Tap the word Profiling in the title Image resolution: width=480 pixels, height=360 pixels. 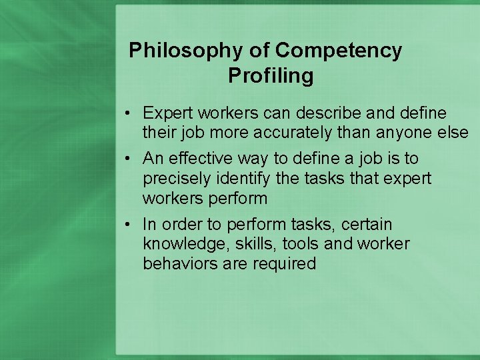pos(270,76)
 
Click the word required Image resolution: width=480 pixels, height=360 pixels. pos(284,263)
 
